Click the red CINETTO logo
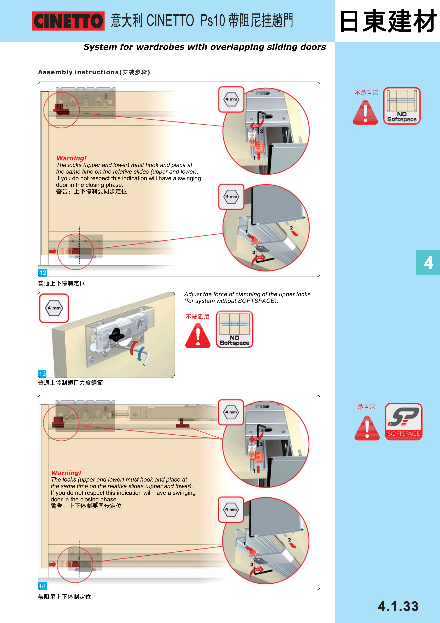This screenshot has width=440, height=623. coord(68,21)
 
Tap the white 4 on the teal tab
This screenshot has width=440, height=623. coord(428,263)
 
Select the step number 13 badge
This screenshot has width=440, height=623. coord(42,374)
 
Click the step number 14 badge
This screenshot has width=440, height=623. coord(42,586)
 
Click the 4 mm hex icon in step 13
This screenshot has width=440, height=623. coord(54,308)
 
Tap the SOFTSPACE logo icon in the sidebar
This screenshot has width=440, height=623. coord(403,421)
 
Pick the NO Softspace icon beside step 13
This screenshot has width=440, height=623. coord(235,329)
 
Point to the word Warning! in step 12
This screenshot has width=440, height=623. coord(71,158)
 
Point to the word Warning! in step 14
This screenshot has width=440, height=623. coord(66,473)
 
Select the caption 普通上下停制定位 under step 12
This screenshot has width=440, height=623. coord(62,283)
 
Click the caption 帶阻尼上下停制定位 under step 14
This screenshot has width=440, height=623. coord(65,597)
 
